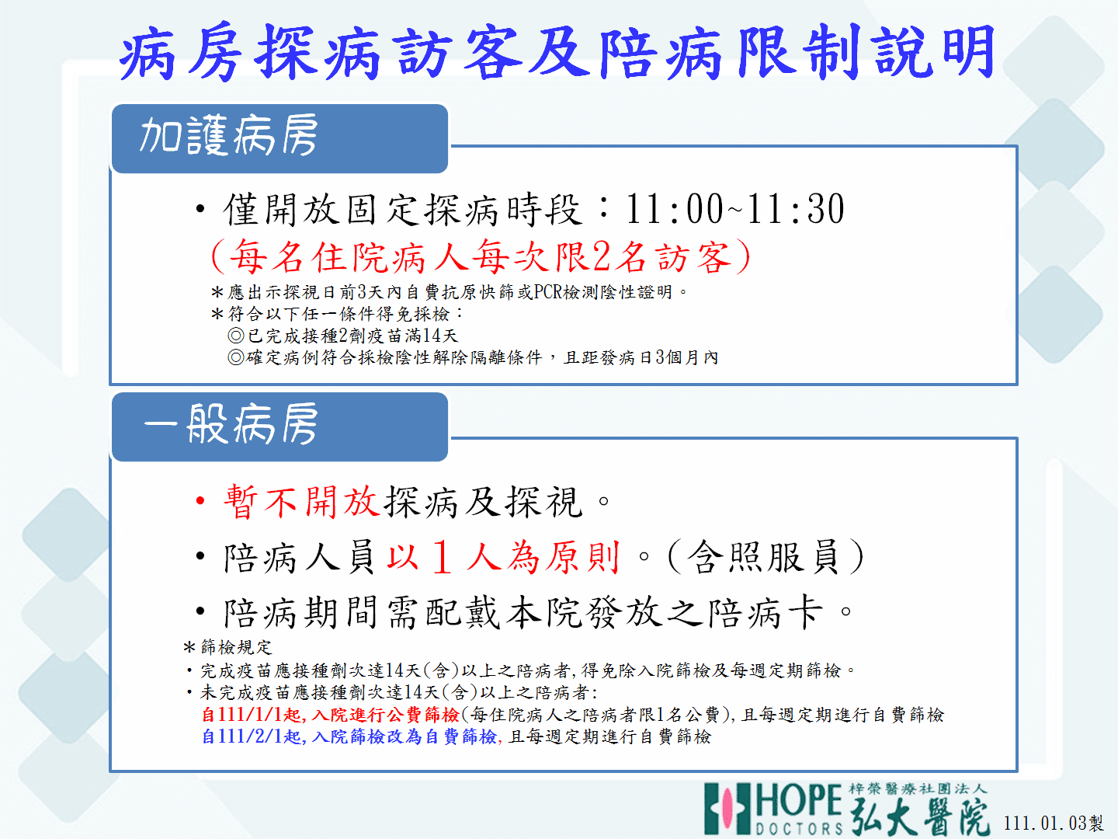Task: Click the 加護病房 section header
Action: [x=229, y=135]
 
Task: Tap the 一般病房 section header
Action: [x=231, y=424]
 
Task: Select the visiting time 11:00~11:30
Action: [x=734, y=209]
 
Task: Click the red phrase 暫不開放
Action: [x=301, y=502]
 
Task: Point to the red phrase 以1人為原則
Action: [x=503, y=557]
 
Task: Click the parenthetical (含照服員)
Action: [x=765, y=557]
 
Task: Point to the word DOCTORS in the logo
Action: [x=799, y=828]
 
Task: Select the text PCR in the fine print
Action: [x=548, y=292]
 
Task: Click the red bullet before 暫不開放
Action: [x=200, y=501]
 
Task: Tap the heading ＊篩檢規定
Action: [x=227, y=647]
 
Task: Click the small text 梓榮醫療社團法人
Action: [x=918, y=789]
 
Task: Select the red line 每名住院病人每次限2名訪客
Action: [x=481, y=256]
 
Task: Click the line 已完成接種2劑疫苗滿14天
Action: [x=343, y=335]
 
